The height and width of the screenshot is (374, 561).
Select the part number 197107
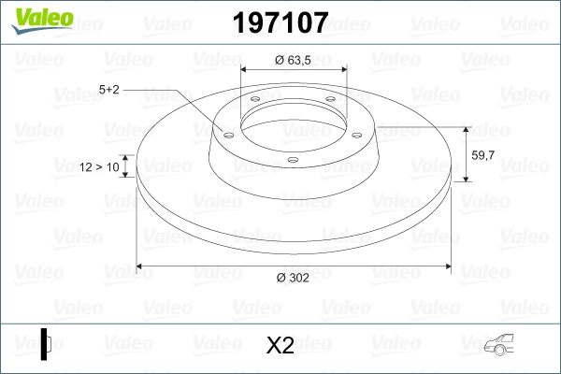pos(280,21)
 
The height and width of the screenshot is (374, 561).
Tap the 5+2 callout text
pos(109,89)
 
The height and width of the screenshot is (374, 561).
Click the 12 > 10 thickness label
pos(99,166)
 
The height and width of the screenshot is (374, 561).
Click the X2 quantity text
pos(280,346)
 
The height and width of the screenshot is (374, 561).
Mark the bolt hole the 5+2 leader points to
pos(227,133)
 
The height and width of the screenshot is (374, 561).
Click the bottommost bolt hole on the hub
pos(293,160)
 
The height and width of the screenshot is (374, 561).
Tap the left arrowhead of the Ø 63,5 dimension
pos(246,69)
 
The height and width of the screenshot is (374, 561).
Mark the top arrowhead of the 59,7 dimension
pos(467,128)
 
